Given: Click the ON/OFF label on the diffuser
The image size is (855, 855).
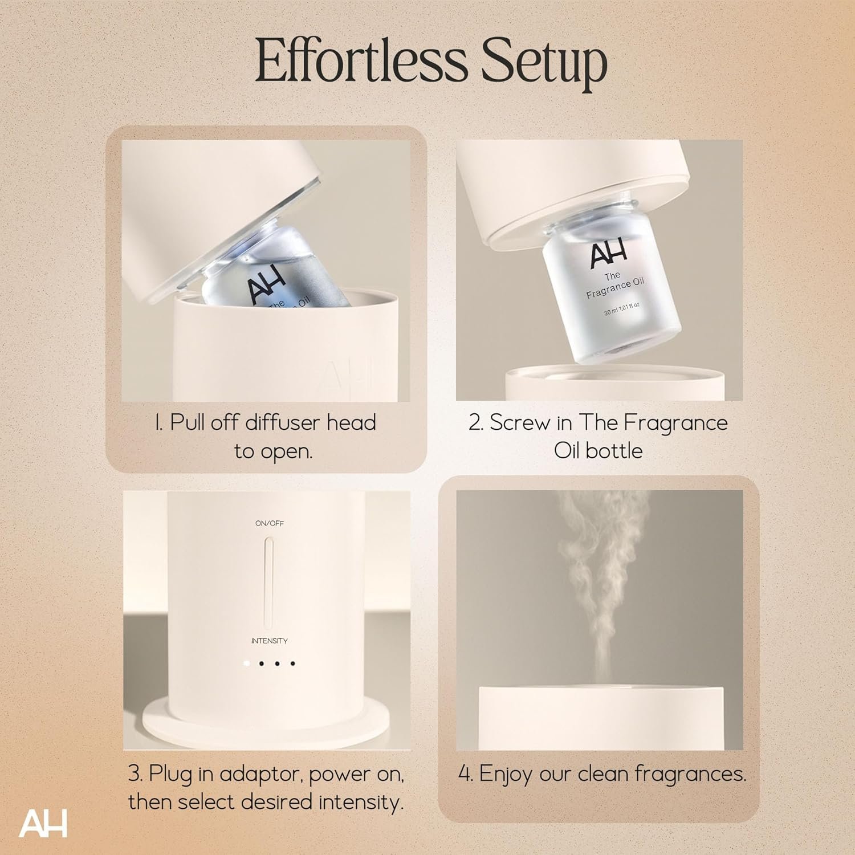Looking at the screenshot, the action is pyautogui.click(x=270, y=523).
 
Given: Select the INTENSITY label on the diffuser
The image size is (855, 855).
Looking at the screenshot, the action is pyautogui.click(x=270, y=641).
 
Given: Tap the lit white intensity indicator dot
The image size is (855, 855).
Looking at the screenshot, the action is pyautogui.click(x=246, y=663).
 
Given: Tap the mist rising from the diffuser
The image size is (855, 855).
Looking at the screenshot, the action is pyautogui.click(x=602, y=587).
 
